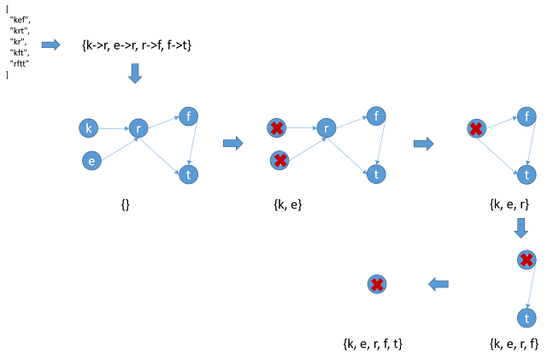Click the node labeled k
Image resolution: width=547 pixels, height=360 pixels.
click(88, 128)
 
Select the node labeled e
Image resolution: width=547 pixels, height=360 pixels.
click(91, 160)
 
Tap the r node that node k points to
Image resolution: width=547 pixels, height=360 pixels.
click(138, 128)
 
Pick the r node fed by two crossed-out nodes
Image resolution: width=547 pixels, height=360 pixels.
click(326, 128)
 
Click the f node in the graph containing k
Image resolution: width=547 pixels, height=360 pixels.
click(189, 116)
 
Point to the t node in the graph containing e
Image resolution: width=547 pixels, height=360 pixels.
click(189, 174)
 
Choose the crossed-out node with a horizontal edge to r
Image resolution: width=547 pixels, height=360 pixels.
click(276, 128)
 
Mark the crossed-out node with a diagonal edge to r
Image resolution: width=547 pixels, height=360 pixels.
click(279, 160)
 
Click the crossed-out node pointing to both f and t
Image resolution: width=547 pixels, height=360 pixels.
click(476, 128)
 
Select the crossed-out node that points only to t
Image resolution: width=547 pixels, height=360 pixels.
click(526, 260)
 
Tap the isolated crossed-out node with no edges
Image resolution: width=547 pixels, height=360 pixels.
click(377, 284)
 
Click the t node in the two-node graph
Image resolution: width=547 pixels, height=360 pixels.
click(526, 318)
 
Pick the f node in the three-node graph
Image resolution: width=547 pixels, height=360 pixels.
click(526, 116)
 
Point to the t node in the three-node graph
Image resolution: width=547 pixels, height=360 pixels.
click(526, 174)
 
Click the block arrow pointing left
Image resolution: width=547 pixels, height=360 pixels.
click(438, 284)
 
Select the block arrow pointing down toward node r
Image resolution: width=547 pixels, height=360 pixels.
click(134, 74)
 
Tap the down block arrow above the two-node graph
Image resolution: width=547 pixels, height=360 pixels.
click(521, 228)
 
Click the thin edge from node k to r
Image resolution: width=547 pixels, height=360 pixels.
click(113, 128)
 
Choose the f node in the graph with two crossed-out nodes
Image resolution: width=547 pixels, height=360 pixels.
click(376, 116)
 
